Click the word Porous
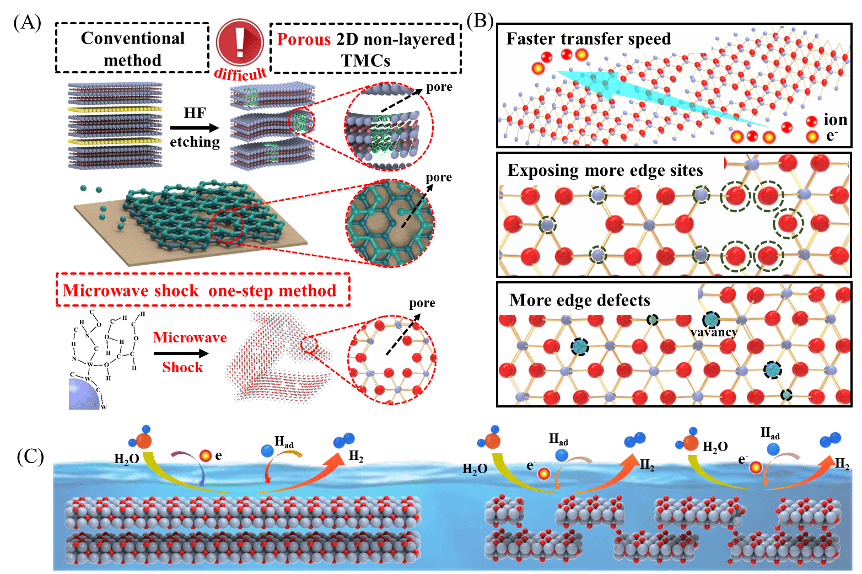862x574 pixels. point(304,40)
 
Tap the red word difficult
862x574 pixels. point(240,73)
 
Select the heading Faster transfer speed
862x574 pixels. point(589,39)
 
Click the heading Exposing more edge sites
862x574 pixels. point(605,170)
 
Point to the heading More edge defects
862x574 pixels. point(580,300)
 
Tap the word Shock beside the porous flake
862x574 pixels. point(182,367)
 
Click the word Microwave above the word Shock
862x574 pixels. point(190,337)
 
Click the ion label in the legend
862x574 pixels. point(835,120)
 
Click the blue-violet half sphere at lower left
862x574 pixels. point(83,395)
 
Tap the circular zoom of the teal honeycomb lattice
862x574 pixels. point(390,223)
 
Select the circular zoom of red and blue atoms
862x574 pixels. point(392,358)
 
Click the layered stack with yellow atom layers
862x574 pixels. point(115,125)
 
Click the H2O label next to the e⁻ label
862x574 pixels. point(475,469)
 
